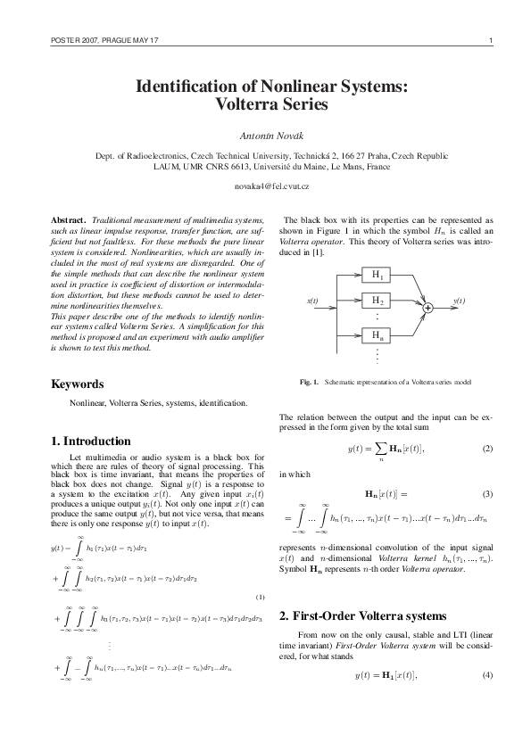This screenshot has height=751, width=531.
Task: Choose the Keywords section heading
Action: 78,384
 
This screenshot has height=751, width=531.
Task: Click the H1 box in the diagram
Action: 378,276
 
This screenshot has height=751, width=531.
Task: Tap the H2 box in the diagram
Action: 378,301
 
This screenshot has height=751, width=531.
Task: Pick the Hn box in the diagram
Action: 378,336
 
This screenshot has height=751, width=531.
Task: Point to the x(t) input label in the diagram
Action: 313,301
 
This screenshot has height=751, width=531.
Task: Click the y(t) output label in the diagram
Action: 459,301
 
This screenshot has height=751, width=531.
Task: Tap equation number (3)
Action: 487,493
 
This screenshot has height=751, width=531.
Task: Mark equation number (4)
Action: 487,674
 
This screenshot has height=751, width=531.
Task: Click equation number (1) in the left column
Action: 260,597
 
